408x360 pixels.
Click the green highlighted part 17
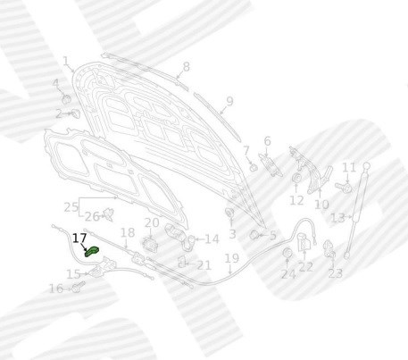pyautogui.click(x=91, y=252)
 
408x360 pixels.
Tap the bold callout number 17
pyautogui.click(x=79, y=239)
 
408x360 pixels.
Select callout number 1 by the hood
pyautogui.click(x=66, y=61)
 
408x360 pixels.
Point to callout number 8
pyautogui.click(x=186, y=67)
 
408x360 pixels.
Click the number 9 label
pyautogui.click(x=229, y=101)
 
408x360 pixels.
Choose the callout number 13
pyautogui.click(x=337, y=218)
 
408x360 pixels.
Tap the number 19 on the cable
pyautogui.click(x=232, y=258)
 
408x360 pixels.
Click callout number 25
pyautogui.click(x=71, y=206)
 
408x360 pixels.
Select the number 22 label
pyautogui.click(x=306, y=266)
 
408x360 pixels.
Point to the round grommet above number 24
pyautogui.click(x=287, y=253)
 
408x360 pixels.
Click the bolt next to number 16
pyautogui.click(x=79, y=287)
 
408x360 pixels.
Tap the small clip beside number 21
pyautogui.click(x=181, y=262)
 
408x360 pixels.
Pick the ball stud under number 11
pyautogui.click(x=344, y=188)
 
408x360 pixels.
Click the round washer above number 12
pyautogui.click(x=296, y=178)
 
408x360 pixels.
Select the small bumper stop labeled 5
pyautogui.click(x=254, y=235)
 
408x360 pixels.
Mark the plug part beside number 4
pyautogui.click(x=66, y=99)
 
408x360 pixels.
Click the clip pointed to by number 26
pyautogui.click(x=108, y=214)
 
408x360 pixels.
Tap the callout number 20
pyautogui.click(x=152, y=222)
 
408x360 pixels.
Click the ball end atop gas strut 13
pyautogui.click(x=366, y=165)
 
